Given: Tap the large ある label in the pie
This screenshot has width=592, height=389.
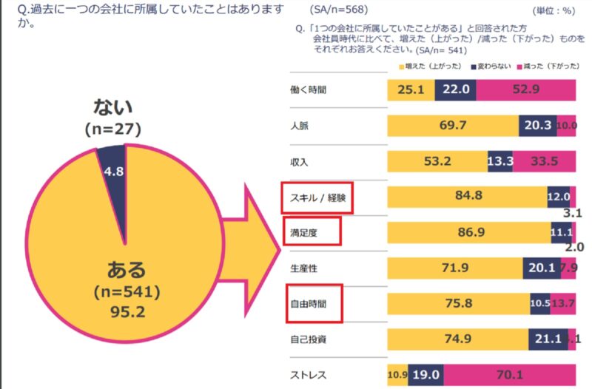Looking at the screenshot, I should pyautogui.click(x=127, y=267).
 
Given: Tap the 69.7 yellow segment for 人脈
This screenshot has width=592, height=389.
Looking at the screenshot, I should pyautogui.click(x=452, y=125).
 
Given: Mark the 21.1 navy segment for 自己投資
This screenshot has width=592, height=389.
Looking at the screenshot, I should pyautogui.click(x=548, y=338).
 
